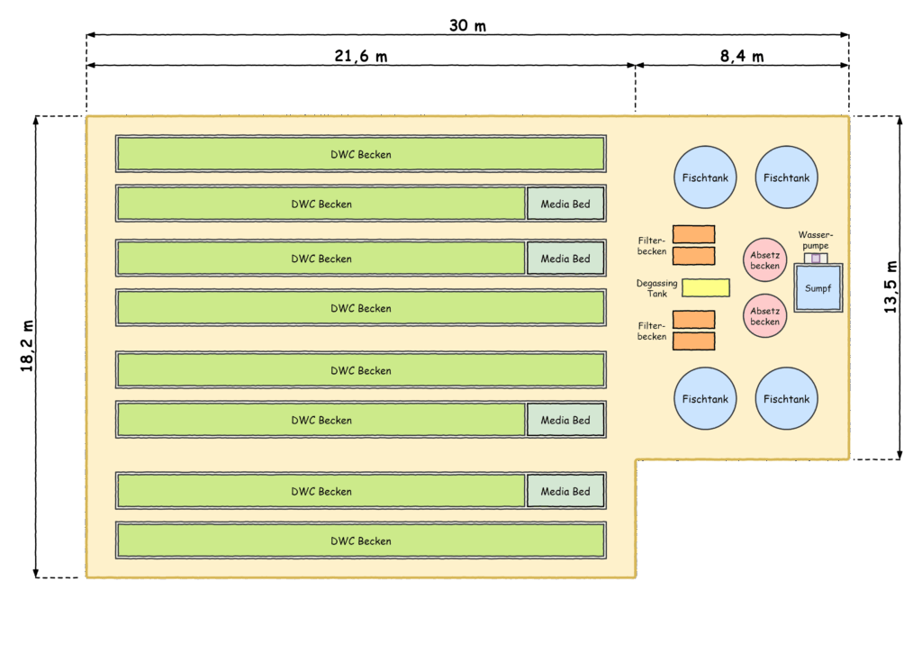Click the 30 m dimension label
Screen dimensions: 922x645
click(467, 25)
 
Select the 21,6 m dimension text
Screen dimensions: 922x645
click(360, 56)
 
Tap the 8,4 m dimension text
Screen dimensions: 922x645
click(742, 56)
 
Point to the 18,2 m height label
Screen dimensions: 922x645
click(27, 346)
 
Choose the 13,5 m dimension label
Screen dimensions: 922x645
click(890, 286)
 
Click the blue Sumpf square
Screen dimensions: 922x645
click(818, 287)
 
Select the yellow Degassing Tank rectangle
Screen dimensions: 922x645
click(706, 287)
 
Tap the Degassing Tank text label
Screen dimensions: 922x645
click(656, 288)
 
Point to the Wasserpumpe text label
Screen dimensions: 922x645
click(816, 241)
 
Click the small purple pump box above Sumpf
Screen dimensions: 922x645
click(816, 259)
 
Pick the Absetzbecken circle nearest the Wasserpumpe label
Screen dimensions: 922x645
click(765, 260)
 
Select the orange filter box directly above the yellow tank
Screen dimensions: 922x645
click(694, 256)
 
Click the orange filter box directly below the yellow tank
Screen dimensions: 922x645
click(694, 320)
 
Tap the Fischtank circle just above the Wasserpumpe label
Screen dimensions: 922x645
click(786, 177)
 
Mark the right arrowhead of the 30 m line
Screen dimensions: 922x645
click(845, 35)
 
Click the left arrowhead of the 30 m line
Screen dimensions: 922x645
click(91, 35)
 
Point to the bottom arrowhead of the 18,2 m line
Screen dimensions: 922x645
click(36, 573)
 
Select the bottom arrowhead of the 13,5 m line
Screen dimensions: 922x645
click(899, 454)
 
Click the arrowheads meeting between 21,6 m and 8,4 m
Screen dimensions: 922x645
click(636, 66)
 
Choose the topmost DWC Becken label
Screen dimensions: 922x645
click(360, 154)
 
